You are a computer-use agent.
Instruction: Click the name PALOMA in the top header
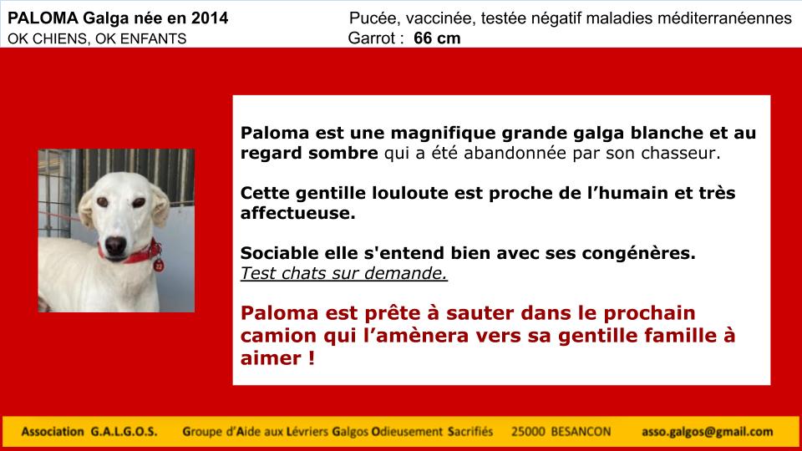tap(43, 18)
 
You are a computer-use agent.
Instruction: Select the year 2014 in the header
tap(210, 18)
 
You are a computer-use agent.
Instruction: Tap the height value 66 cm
tap(437, 38)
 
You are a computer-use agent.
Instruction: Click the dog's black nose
tap(115, 246)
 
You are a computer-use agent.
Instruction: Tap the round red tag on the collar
tap(159, 266)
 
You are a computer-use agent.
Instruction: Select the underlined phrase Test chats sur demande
tap(343, 274)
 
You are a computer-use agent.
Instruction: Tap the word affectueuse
tap(297, 213)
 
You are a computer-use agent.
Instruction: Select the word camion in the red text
tap(278, 336)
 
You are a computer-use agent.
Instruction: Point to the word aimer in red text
tap(271, 358)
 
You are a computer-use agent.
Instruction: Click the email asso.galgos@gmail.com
tap(708, 432)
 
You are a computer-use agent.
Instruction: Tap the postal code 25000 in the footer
tap(528, 432)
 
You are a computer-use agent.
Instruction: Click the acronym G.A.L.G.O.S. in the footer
tap(124, 432)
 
